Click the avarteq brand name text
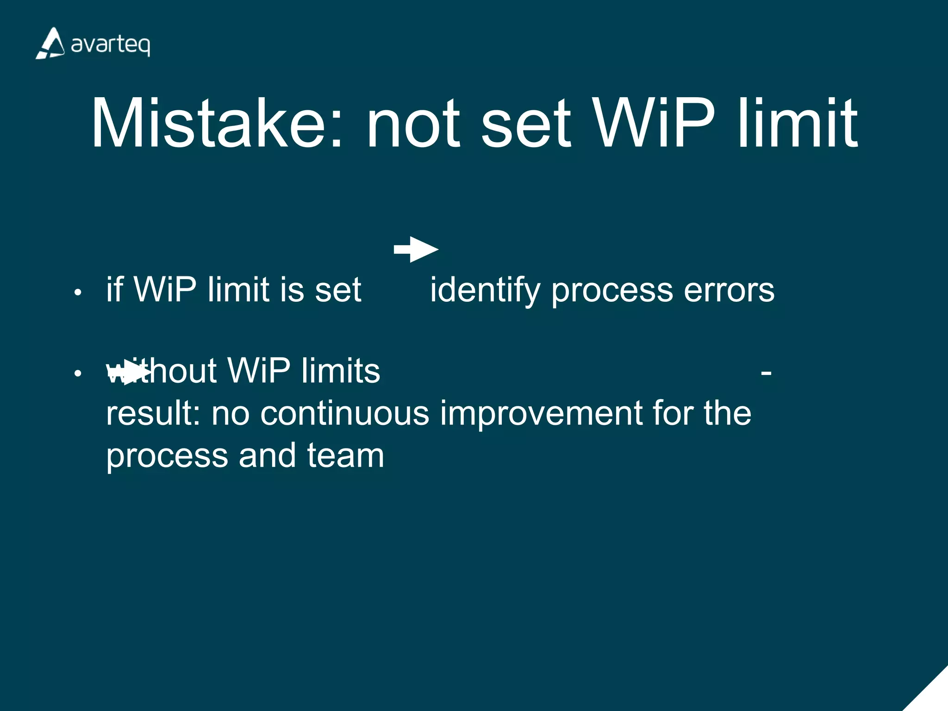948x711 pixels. click(111, 45)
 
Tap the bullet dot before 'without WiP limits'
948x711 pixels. click(78, 373)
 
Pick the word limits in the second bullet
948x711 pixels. click(341, 371)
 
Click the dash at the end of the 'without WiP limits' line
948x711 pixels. click(766, 372)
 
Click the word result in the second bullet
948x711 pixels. click(152, 413)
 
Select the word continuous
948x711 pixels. click(344, 413)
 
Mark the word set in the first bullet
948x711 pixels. click(338, 291)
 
